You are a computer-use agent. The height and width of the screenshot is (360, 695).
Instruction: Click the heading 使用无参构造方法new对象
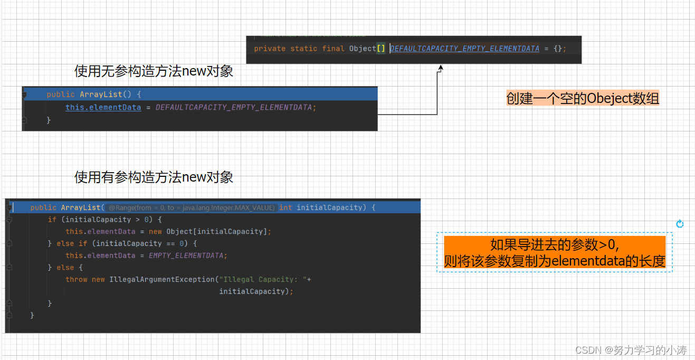(154, 71)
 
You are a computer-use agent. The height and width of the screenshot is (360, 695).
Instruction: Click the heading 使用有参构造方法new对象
(154, 177)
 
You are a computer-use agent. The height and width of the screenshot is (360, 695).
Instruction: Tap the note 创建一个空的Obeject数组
(583, 99)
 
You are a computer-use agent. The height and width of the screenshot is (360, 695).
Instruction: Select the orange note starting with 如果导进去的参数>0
(554, 253)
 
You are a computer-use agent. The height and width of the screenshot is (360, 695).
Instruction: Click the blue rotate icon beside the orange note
(680, 224)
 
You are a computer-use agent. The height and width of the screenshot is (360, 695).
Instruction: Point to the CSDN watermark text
(631, 350)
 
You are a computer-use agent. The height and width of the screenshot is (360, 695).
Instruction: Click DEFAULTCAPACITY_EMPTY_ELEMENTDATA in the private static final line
(464, 49)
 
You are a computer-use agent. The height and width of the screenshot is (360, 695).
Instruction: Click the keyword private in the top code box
(270, 49)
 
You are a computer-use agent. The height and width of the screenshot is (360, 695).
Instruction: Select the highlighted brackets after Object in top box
(380, 49)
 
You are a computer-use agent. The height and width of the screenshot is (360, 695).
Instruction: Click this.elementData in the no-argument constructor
(103, 107)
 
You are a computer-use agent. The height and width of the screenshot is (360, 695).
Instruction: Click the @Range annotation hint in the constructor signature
(191, 208)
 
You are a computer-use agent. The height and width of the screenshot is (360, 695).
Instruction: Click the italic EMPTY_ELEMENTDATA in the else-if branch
(187, 255)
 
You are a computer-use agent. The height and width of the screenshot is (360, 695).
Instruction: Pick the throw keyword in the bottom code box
(76, 279)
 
